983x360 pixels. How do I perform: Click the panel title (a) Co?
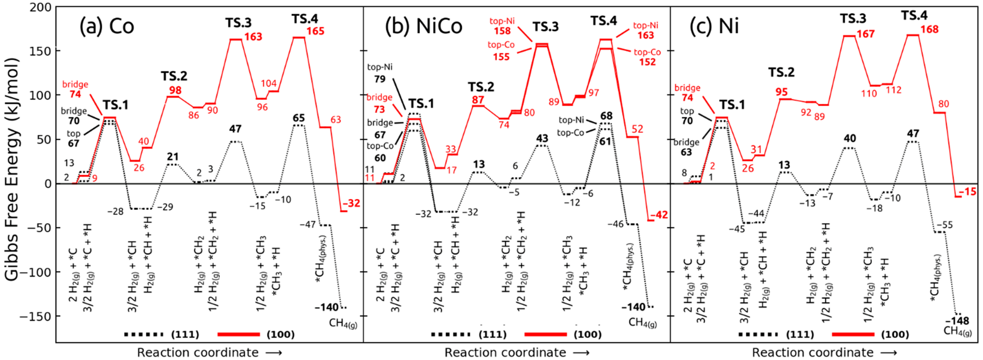point(107,26)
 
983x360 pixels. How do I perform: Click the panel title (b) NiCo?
point(423,26)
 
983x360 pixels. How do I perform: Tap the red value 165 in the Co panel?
point(315,31)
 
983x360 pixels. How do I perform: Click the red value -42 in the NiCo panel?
point(659,215)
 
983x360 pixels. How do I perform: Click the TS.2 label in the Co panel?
point(174,76)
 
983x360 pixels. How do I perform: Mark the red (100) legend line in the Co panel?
point(239,335)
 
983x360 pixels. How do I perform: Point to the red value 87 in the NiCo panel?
point(478,100)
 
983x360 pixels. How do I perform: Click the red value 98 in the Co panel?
point(175,91)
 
